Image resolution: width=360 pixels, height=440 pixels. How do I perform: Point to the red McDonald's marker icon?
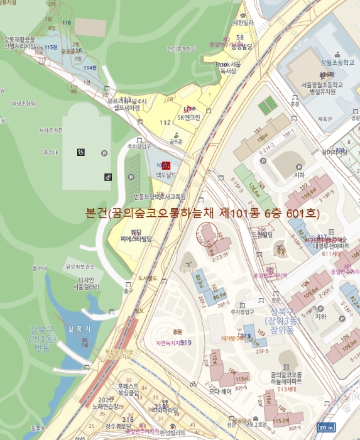[x=166, y=165]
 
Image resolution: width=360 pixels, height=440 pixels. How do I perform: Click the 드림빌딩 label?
[x=261, y=234]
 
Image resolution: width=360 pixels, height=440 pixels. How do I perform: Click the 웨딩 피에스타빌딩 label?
[x=137, y=235]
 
